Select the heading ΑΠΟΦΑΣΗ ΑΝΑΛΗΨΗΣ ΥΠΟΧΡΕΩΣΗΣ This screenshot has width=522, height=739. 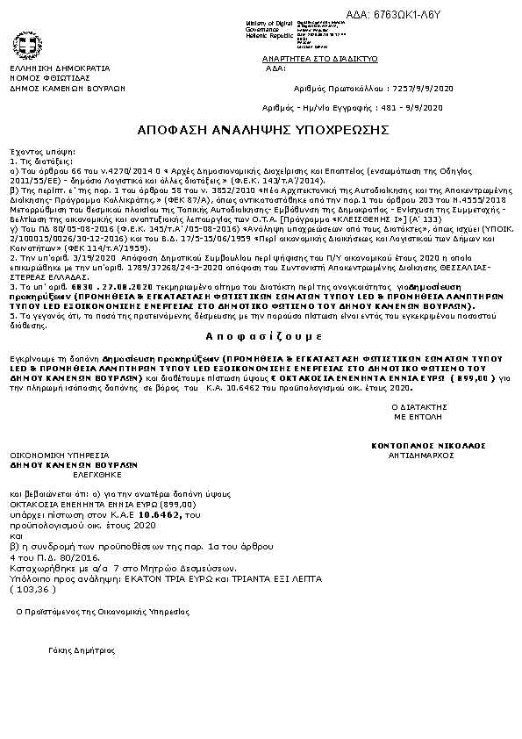pyautogui.click(x=262, y=129)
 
